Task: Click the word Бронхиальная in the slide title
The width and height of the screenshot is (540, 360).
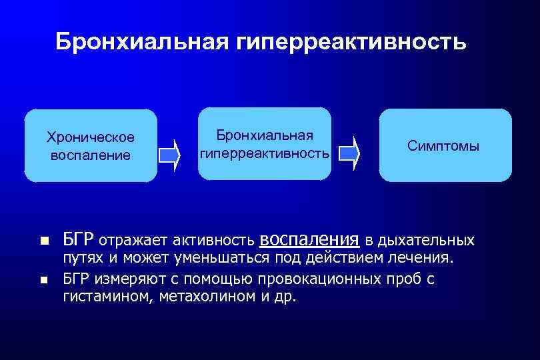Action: [141, 41]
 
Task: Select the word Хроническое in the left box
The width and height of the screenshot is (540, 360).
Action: [91, 137]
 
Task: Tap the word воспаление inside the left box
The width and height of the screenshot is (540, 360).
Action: [91, 155]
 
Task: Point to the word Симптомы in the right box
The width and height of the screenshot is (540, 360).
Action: [444, 146]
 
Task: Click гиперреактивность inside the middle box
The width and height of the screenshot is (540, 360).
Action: [265, 153]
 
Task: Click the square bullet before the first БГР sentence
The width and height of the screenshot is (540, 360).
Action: [44, 240]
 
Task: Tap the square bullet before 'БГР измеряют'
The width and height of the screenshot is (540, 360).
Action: [44, 281]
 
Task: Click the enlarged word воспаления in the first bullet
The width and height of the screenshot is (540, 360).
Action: [309, 239]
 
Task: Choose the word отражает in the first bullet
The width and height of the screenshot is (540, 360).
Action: [133, 240]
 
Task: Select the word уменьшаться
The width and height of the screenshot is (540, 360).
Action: [221, 258]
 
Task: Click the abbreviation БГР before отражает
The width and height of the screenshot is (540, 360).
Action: [79, 239]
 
